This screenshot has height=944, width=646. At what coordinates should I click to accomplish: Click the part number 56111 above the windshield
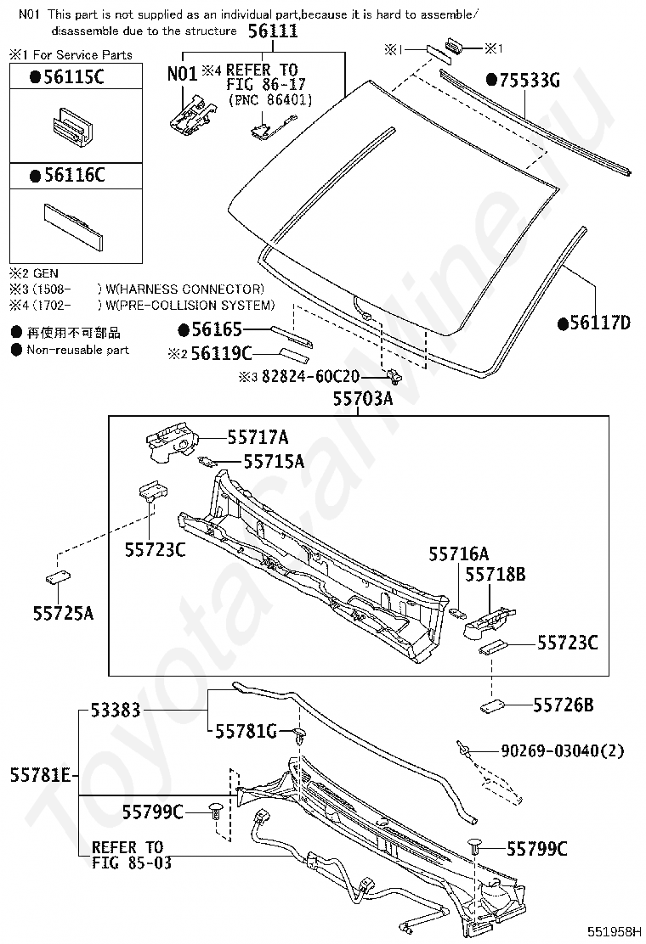(x=273, y=31)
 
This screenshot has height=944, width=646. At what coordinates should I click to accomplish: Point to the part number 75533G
(x=524, y=81)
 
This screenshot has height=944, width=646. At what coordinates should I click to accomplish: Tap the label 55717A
(x=258, y=437)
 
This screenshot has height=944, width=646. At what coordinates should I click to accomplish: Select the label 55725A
(x=64, y=610)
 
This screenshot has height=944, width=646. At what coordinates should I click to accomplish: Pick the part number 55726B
(x=564, y=705)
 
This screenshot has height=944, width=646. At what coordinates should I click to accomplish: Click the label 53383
(x=115, y=711)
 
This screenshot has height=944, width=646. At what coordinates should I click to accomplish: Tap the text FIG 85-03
(x=132, y=863)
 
